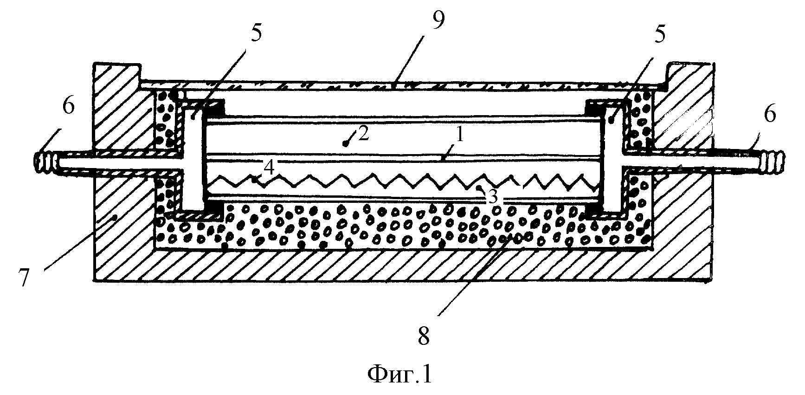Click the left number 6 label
pos(68,107)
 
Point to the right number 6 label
pos(769,114)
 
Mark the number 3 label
pos(493,197)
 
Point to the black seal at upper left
pos(214,109)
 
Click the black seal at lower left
pos(213,212)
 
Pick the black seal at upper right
pos(593,108)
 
